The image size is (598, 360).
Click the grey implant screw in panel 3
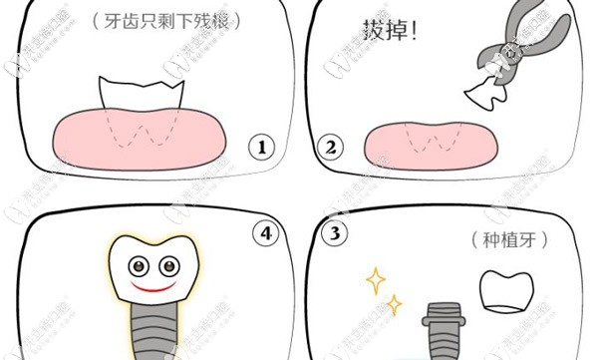pyautogui.click(x=441, y=329)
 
